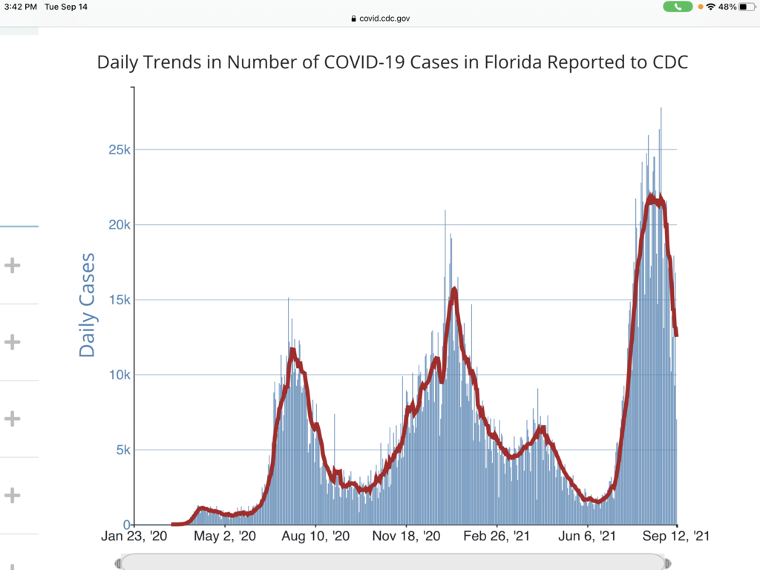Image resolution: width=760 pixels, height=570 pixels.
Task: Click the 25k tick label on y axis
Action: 117,150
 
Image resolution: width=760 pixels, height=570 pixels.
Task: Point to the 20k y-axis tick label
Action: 117,225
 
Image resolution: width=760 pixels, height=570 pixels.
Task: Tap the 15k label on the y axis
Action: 117,300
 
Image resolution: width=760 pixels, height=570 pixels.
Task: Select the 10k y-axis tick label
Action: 117,375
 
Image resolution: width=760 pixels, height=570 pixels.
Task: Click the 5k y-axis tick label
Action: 120,450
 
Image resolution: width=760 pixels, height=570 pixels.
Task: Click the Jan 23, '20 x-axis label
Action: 134,536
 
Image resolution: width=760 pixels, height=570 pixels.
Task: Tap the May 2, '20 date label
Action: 224,536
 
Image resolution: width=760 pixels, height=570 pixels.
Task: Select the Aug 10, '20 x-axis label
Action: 315,536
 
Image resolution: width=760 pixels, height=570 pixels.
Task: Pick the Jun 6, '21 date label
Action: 587,536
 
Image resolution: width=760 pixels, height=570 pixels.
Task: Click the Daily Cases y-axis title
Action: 88,305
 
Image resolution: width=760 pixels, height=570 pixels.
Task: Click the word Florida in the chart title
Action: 512,62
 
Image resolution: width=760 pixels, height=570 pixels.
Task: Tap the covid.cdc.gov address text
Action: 384,19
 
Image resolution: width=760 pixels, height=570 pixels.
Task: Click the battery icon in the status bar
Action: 745,7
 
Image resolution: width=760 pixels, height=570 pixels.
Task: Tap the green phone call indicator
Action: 678,7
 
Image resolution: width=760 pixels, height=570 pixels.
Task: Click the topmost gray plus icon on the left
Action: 12,265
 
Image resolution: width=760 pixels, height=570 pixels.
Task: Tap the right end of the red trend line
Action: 676,335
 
